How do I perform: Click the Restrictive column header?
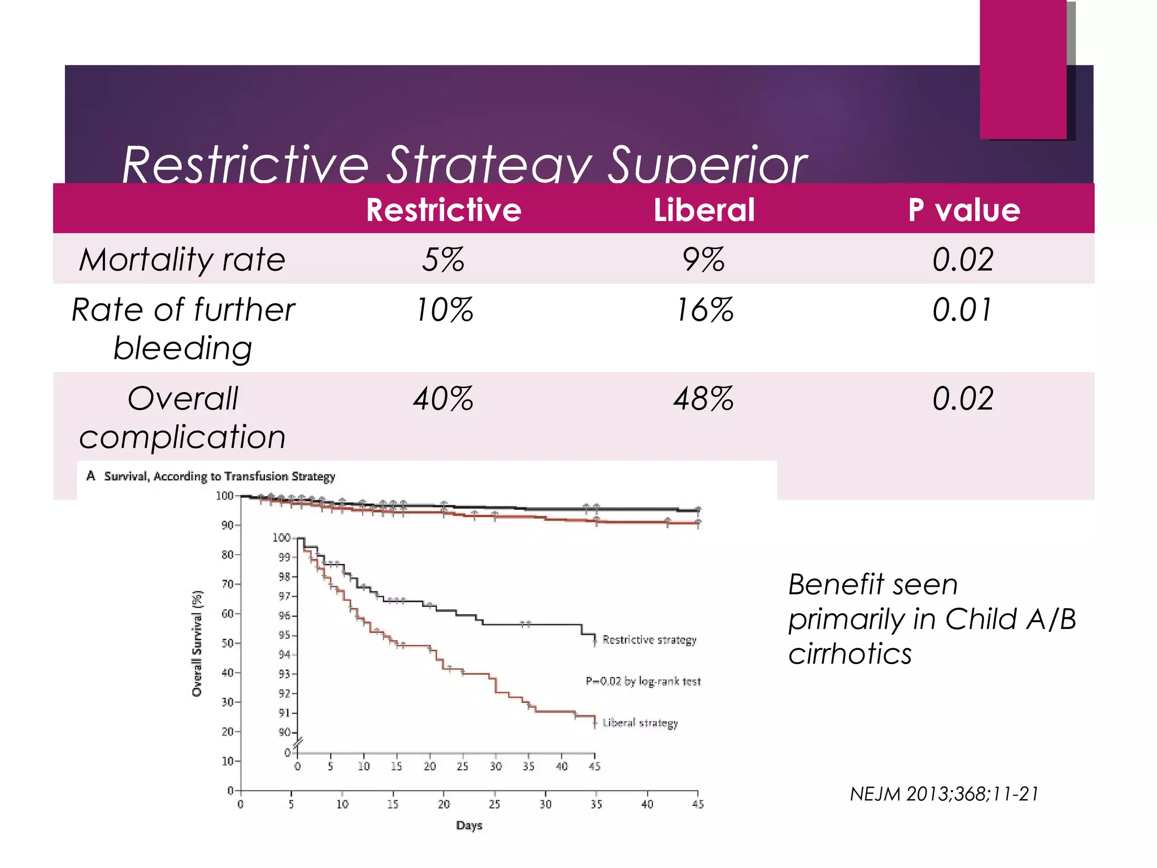[x=443, y=210]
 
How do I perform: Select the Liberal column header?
[x=704, y=210]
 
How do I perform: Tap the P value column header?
[x=964, y=210]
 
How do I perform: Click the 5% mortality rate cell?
[x=443, y=260]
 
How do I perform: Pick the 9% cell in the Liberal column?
[x=704, y=260]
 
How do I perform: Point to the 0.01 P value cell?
[x=962, y=310]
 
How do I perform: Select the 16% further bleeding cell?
[x=704, y=310]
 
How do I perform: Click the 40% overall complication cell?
[x=443, y=398]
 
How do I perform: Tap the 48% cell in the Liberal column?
[x=704, y=398]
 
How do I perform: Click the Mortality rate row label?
[x=182, y=260]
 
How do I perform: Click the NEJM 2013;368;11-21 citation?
[x=944, y=794]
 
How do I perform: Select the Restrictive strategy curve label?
[x=649, y=640]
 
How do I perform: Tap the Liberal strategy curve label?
[x=640, y=723]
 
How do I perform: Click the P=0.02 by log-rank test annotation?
[x=643, y=682]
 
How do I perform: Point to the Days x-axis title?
[x=469, y=825]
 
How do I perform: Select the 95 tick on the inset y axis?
[x=284, y=635]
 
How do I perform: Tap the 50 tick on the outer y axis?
[x=227, y=643]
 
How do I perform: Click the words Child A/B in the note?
[x=1011, y=619]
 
